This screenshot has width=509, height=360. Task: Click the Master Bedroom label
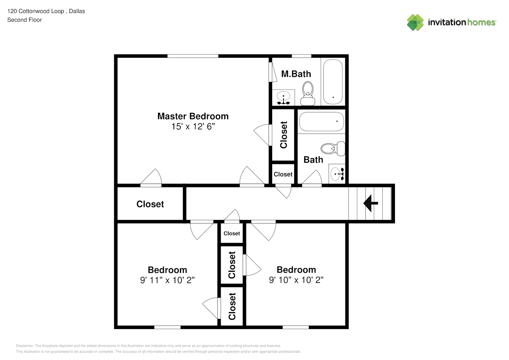click(193, 116)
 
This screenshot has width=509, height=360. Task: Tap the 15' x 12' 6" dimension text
click(193, 126)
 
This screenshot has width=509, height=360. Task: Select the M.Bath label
click(296, 74)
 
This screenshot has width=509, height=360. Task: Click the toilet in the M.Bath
click(308, 93)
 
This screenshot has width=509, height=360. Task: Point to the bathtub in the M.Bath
click(333, 82)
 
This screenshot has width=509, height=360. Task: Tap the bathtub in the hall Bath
click(321, 122)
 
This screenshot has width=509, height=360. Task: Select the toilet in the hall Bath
click(333, 148)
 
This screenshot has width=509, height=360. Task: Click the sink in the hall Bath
click(337, 174)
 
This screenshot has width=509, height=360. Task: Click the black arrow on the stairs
click(371, 203)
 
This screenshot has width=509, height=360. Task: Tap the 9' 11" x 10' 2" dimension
click(167, 280)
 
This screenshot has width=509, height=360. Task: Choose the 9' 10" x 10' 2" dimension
click(296, 280)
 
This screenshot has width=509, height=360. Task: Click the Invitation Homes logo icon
click(415, 22)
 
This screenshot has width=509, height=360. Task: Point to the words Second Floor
click(24, 20)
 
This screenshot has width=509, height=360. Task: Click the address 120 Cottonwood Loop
click(36, 11)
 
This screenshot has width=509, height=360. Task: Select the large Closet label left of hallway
click(150, 204)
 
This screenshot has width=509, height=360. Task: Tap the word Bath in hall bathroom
click(313, 160)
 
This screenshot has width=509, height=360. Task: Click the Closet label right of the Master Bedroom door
click(284, 135)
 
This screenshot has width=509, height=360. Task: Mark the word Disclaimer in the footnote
click(24, 346)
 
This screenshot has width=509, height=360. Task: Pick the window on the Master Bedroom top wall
click(193, 56)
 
